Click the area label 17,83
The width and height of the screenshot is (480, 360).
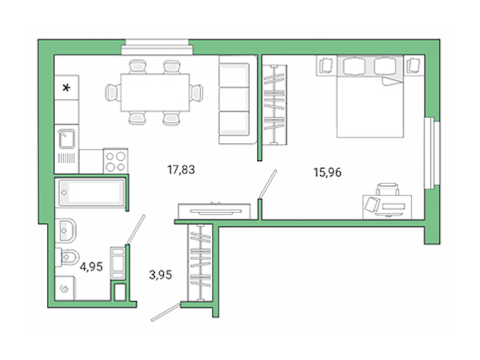point(181,170)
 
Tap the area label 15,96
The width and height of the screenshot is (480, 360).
point(328,173)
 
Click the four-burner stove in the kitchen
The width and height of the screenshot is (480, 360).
point(116,160)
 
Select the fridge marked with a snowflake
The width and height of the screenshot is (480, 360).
point(67,88)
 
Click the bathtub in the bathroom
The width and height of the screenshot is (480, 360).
point(91,193)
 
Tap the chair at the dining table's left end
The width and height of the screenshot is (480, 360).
point(112,92)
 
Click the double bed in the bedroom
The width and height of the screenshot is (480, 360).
point(368,99)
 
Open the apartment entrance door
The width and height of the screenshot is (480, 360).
point(166,313)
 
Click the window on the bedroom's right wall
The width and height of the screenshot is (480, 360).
point(429,154)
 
